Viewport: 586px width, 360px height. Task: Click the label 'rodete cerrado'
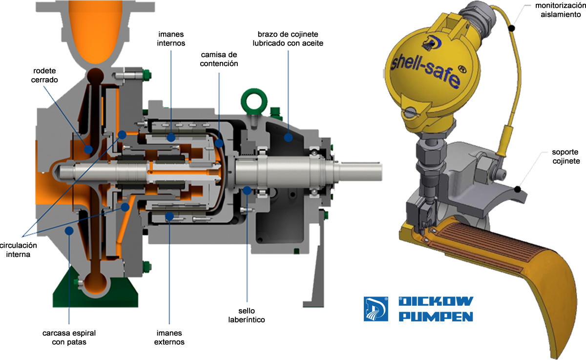(x=44, y=75)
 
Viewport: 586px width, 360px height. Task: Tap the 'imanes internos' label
(x=171, y=39)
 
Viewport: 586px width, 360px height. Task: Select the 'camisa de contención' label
(x=219, y=59)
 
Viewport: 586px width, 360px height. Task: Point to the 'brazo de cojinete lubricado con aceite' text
(x=288, y=39)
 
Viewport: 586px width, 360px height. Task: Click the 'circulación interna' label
(x=19, y=250)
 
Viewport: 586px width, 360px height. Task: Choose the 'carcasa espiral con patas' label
(x=69, y=338)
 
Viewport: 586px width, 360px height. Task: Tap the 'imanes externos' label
(x=169, y=338)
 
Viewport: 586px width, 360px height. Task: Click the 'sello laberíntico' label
(x=247, y=315)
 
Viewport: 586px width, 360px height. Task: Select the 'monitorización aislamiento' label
(x=560, y=10)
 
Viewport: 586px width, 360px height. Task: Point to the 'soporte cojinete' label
(x=566, y=156)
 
